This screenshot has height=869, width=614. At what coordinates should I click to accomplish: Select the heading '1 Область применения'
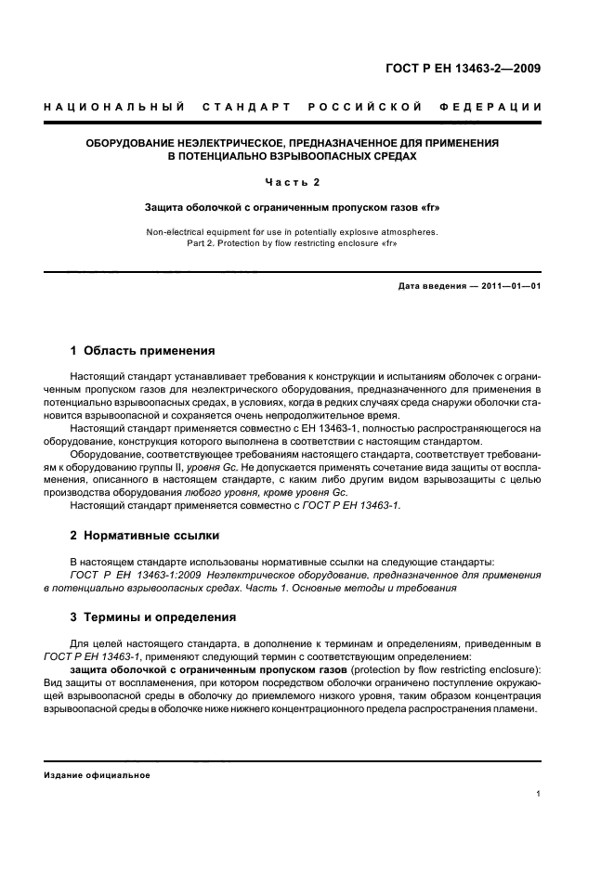(x=143, y=351)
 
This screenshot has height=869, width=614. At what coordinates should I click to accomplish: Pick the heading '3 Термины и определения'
(x=153, y=616)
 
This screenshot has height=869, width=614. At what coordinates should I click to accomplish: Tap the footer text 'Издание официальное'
(x=97, y=775)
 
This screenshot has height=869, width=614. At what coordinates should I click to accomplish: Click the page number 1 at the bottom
(x=539, y=795)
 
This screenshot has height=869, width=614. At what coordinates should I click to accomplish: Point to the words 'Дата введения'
(x=431, y=287)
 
